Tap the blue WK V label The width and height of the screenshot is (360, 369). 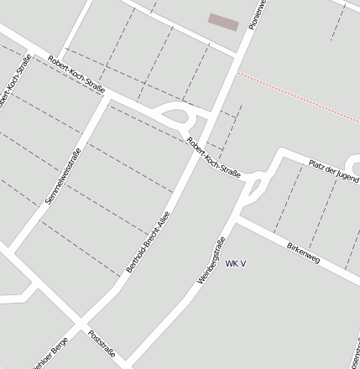pyautogui.click(x=236, y=263)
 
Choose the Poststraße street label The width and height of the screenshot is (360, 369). pyautogui.click(x=101, y=343)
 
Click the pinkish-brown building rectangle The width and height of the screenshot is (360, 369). pyautogui.click(x=223, y=22)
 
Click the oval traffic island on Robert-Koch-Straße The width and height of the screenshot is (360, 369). pyautogui.click(x=175, y=117)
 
